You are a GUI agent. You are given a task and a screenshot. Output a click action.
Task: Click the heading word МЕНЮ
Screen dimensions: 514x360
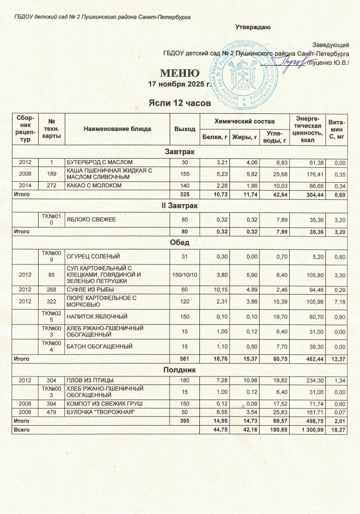[176, 73]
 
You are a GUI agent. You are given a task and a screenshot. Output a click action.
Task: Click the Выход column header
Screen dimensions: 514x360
[184, 129]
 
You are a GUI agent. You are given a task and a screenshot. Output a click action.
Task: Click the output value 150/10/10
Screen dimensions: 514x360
[184, 274]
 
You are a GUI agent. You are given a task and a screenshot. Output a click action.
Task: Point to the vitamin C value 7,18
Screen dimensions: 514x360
[340, 302]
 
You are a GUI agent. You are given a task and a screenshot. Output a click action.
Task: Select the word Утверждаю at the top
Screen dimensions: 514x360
[254, 27]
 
